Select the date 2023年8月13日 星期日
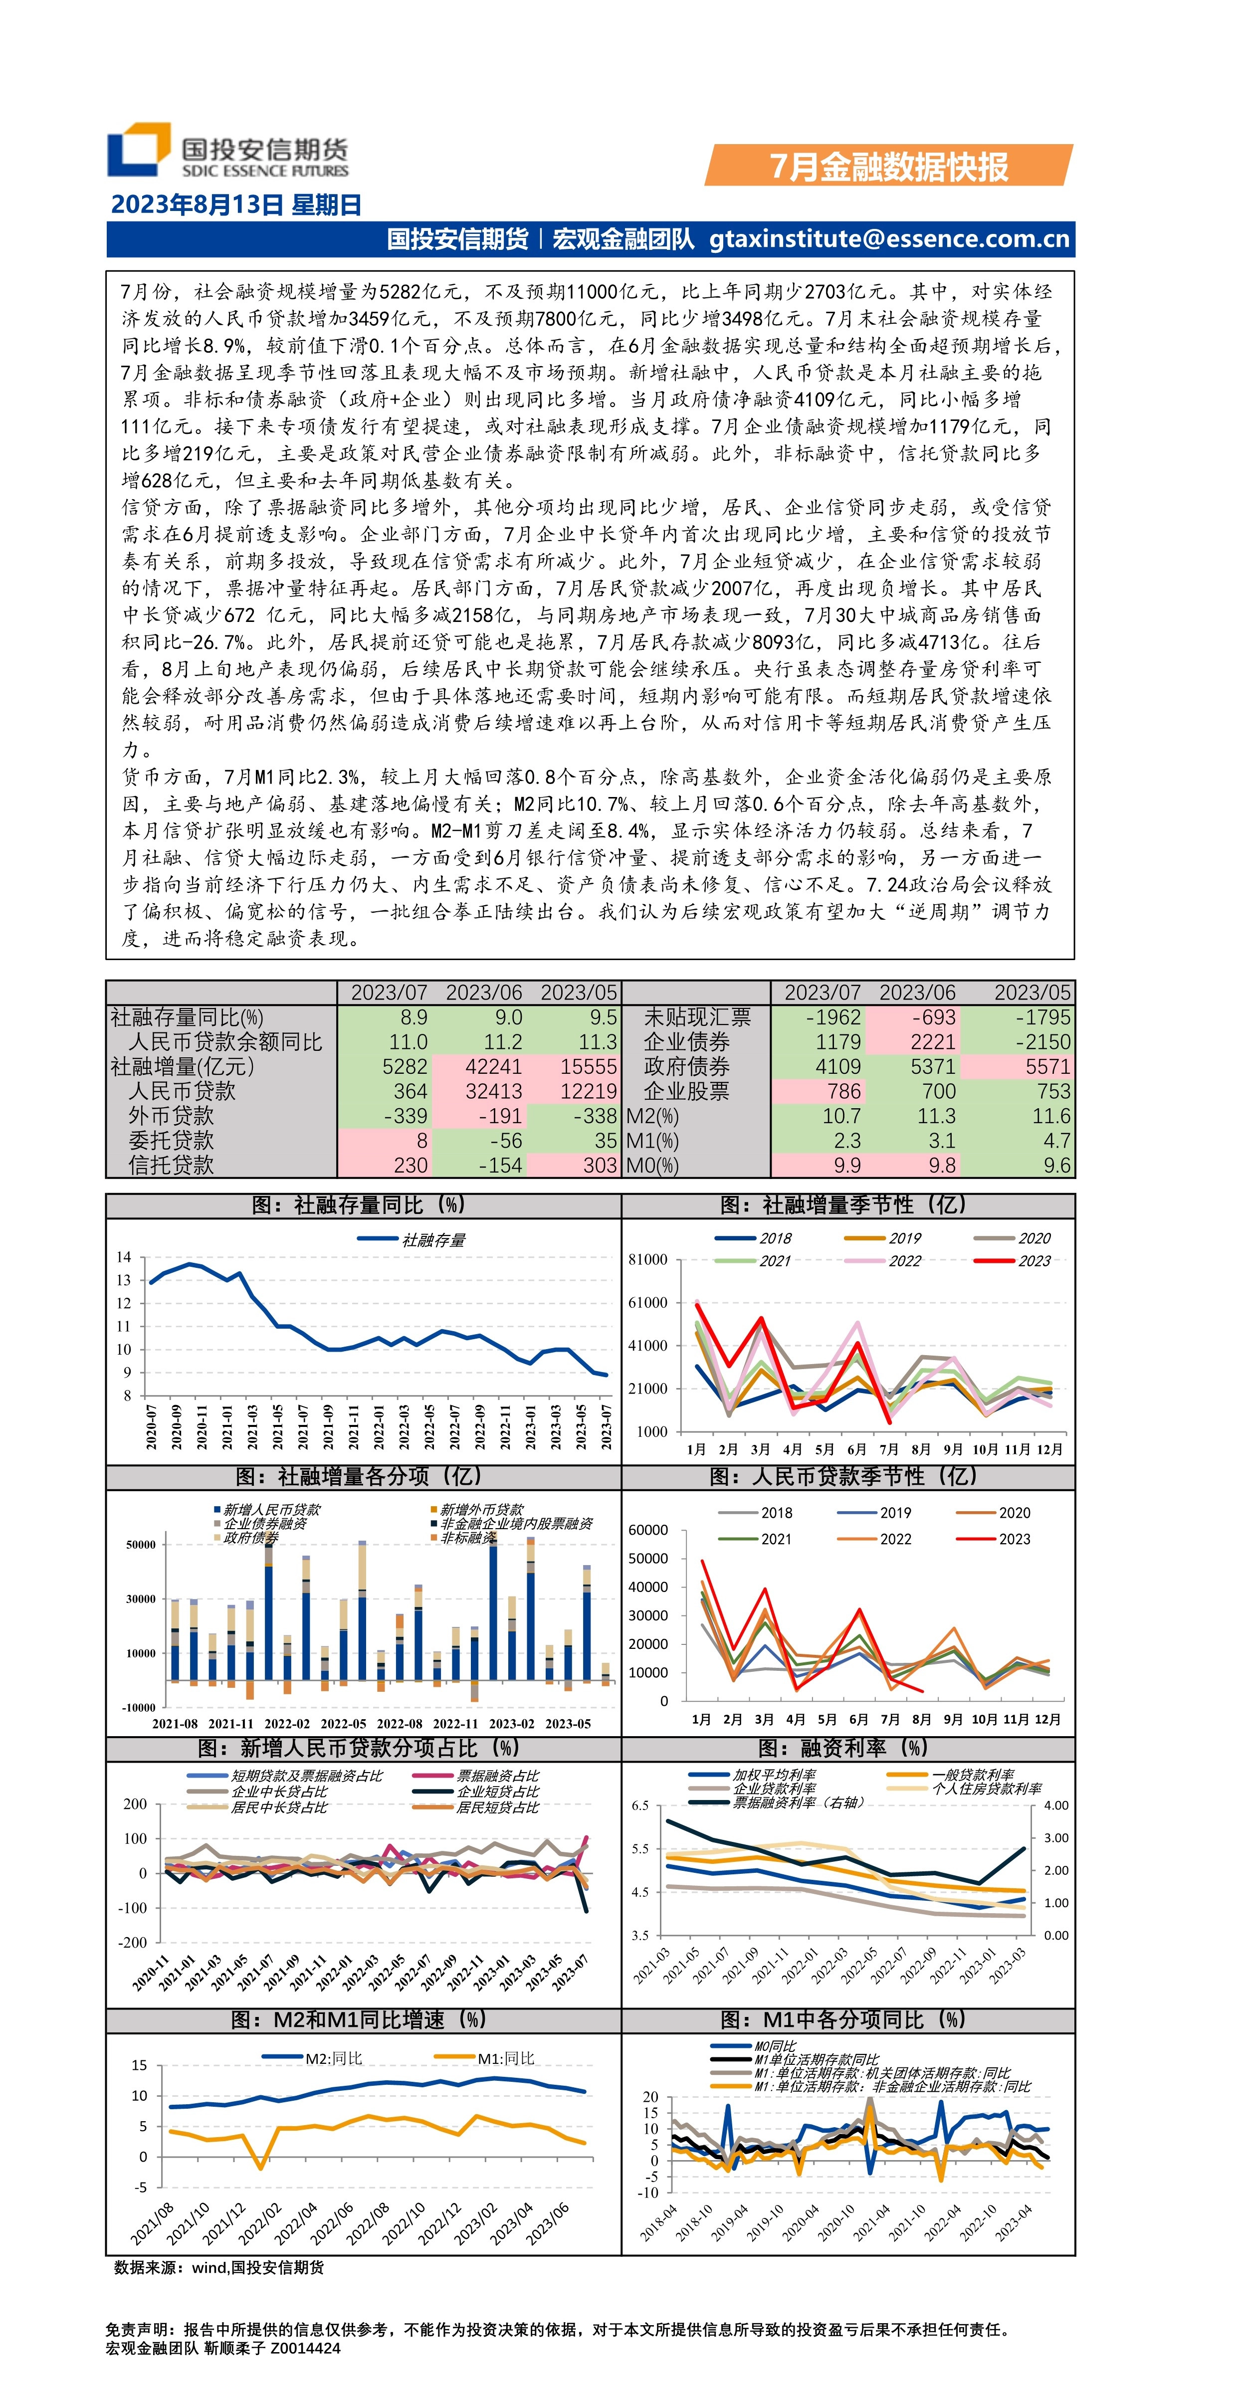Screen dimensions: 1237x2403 [236, 205]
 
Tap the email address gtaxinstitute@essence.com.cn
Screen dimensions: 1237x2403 [889, 239]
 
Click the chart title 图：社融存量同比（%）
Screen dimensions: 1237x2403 [359, 1205]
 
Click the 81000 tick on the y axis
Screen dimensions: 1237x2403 [647, 1259]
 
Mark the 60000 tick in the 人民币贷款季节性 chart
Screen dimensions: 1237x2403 [647, 1530]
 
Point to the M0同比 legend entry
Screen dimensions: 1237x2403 [774, 2047]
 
